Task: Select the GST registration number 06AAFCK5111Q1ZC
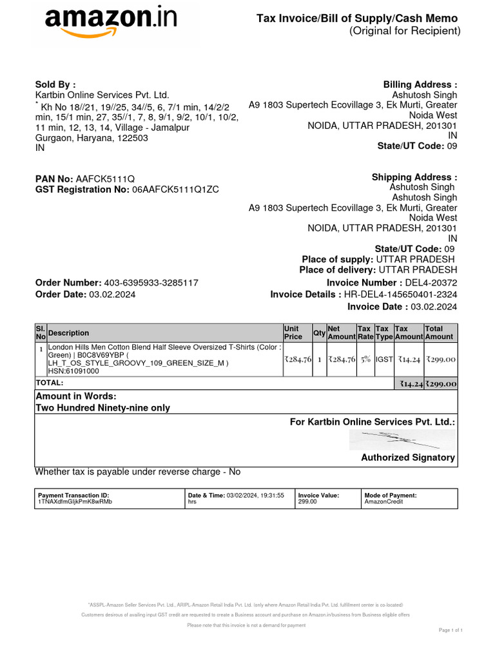[175, 189]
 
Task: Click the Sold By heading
[55, 84]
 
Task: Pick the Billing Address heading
[420, 84]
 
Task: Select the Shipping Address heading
[414, 177]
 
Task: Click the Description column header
[69, 333]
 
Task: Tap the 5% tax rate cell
[365, 360]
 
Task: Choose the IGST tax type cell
[384, 360]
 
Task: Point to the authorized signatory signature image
[402, 440]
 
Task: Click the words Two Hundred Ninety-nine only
[102, 408]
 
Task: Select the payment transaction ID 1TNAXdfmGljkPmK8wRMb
[75, 501]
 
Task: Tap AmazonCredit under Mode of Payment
[383, 501]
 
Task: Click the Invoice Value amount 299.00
[307, 501]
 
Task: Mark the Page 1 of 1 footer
[451, 630]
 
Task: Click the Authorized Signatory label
[407, 458]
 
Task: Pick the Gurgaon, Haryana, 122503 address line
[92, 138]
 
